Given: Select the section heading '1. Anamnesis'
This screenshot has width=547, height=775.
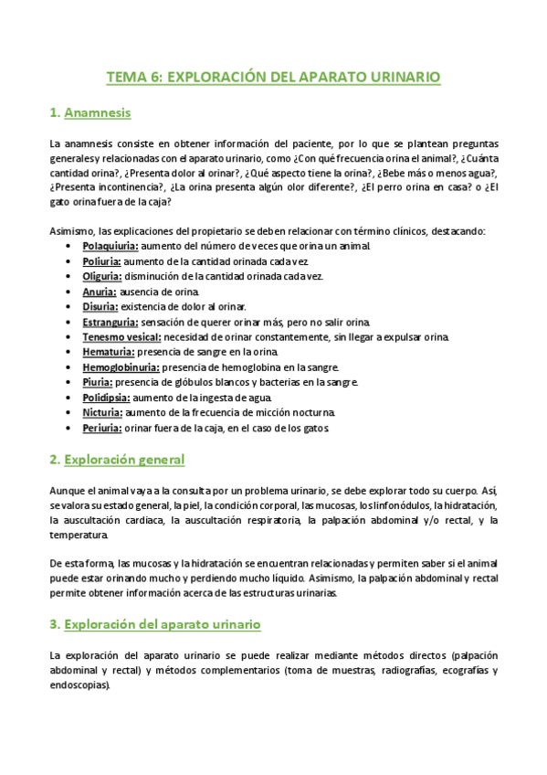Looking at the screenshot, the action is point(90,113).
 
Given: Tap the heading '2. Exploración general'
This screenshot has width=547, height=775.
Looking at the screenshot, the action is point(117,459).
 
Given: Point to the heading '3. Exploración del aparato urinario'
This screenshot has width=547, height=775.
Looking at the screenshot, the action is point(155,624).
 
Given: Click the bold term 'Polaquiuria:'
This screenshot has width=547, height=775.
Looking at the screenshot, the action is point(110,247).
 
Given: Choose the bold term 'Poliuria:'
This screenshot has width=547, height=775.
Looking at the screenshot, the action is point(101,261).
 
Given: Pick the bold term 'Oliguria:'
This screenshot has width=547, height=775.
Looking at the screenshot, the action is point(102,276).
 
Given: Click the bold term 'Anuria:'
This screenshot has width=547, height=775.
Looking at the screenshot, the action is point(99,292).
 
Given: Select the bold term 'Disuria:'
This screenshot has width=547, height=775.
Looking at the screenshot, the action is point(100,306).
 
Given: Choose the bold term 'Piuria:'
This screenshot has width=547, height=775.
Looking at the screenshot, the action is point(98,382).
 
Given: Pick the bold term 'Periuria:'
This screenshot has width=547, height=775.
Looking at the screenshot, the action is point(102,428).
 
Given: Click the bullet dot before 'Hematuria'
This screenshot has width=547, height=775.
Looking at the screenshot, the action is point(71,353).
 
